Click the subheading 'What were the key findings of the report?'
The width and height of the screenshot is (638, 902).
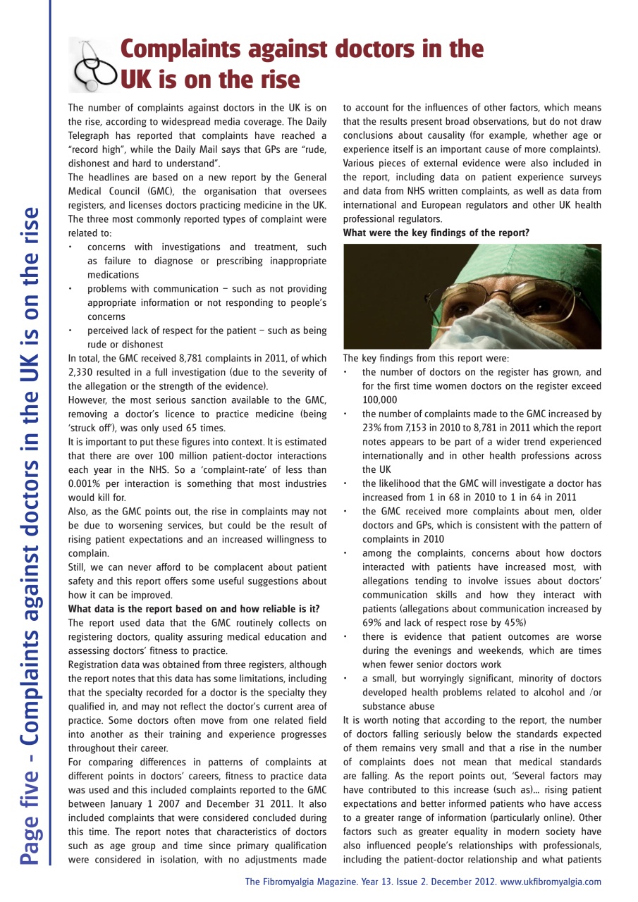436,233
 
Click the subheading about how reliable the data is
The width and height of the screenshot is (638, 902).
194,609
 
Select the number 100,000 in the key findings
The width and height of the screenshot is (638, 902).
381,400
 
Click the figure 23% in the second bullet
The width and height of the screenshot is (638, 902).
374,428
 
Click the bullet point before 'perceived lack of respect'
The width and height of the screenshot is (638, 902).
71,330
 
